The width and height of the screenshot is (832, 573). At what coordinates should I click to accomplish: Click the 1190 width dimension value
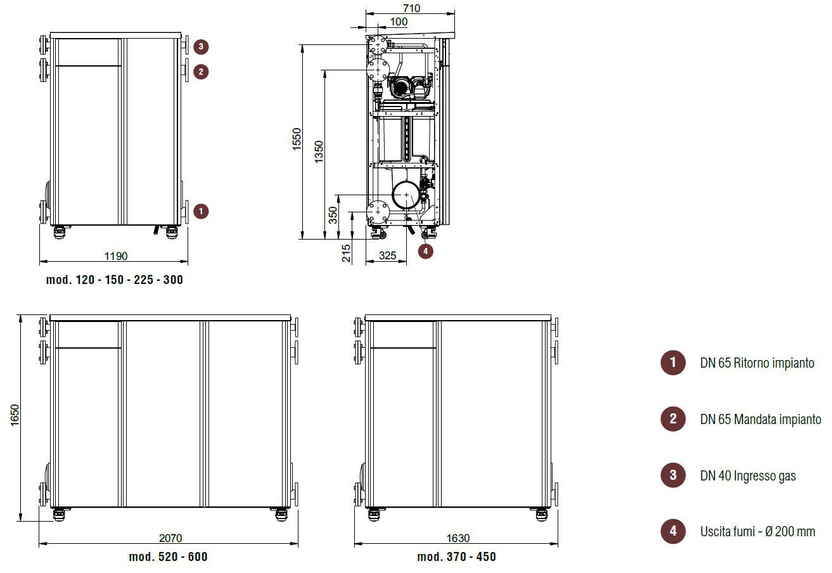(116, 256)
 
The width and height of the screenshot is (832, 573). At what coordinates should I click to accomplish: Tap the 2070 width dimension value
(170, 538)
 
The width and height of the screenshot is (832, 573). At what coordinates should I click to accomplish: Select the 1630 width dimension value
(458, 538)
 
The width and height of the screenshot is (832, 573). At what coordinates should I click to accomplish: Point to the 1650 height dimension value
(15, 415)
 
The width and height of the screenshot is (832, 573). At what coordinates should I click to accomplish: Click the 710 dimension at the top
(411, 8)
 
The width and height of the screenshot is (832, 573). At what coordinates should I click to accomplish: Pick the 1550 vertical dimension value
(297, 139)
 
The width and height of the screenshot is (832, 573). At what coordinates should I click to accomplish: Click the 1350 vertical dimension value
(319, 151)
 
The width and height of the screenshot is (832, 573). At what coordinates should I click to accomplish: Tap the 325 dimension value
(387, 255)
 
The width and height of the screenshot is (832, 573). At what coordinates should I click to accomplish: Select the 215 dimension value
(346, 253)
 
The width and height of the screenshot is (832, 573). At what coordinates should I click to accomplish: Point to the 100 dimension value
(399, 22)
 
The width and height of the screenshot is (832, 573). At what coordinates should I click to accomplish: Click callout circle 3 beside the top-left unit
(201, 46)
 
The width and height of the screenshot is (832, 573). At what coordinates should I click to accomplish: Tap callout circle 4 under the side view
(426, 251)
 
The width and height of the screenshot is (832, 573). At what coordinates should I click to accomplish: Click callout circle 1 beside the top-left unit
(201, 212)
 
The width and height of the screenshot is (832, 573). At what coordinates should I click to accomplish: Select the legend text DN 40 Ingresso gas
(748, 475)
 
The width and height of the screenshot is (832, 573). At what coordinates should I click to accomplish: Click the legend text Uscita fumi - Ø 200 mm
(758, 531)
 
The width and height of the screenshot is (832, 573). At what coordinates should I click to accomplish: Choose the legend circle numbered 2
(673, 419)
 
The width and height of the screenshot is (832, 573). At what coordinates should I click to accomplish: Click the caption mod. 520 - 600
(169, 557)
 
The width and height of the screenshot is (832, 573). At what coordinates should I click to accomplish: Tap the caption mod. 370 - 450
(456, 557)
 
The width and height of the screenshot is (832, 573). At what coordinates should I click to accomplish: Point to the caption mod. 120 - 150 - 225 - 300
(115, 280)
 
